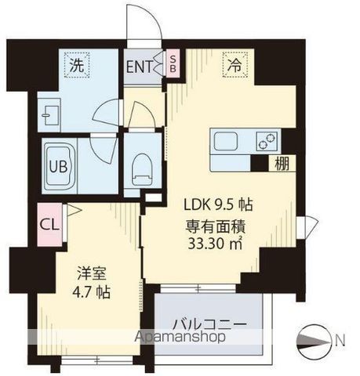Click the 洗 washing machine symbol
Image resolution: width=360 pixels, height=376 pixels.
pyautogui.click(x=77, y=67)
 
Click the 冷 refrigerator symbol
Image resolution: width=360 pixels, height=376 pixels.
pyautogui.click(x=235, y=67)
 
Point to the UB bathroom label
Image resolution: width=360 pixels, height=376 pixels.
pyautogui.click(x=59, y=166)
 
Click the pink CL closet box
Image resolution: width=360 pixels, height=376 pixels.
pyautogui.click(x=48, y=222)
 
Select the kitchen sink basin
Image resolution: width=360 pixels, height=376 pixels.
pyautogui.click(x=228, y=143)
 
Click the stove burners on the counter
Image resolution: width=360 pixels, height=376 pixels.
pyautogui.click(x=267, y=142)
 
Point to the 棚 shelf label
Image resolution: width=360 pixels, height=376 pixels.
pyautogui.click(x=280, y=164)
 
